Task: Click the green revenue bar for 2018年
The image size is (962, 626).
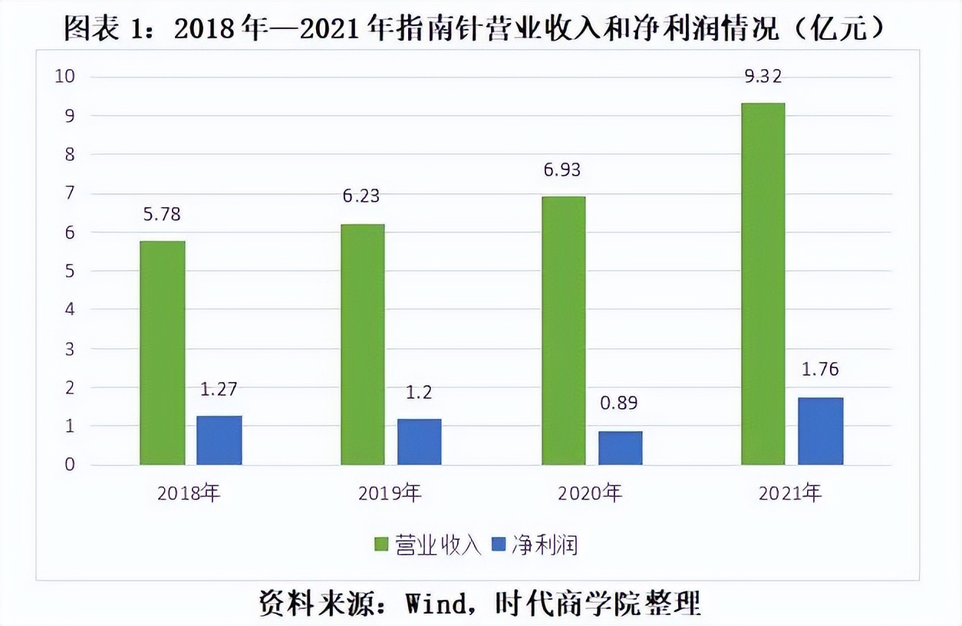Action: [163, 353]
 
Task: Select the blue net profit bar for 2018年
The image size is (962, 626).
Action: [219, 440]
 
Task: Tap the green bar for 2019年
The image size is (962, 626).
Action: [362, 344]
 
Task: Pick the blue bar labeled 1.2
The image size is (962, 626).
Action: [419, 442]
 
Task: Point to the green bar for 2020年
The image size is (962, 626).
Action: [563, 331]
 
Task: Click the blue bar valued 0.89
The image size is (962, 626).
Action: [620, 448]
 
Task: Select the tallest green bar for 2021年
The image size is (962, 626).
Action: [763, 284]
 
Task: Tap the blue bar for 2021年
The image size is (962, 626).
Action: [820, 431]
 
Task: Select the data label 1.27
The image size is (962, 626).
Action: [219, 389]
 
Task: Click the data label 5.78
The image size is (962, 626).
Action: [162, 214]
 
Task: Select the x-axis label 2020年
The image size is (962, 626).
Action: [590, 493]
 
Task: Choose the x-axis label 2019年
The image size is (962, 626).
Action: [390, 493]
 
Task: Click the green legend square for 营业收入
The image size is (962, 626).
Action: [381, 545]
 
